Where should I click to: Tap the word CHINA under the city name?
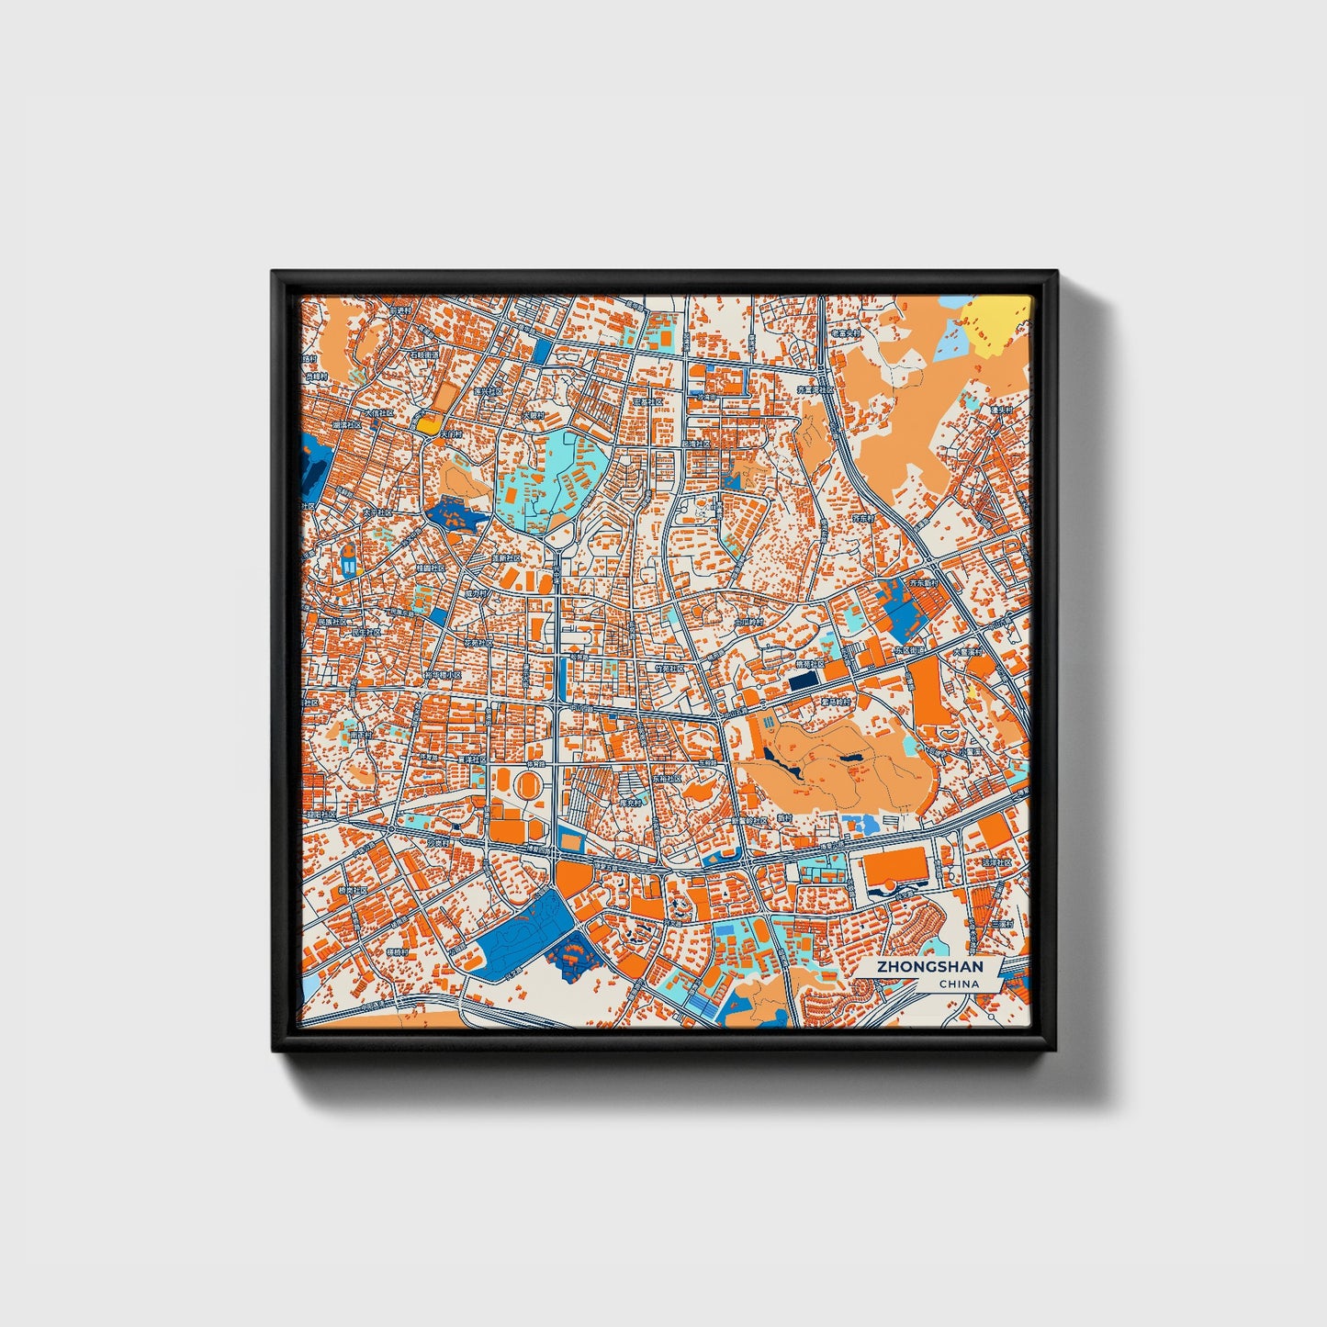click(x=959, y=984)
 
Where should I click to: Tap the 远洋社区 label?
click(x=996, y=863)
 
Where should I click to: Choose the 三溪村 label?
click(x=1001, y=923)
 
